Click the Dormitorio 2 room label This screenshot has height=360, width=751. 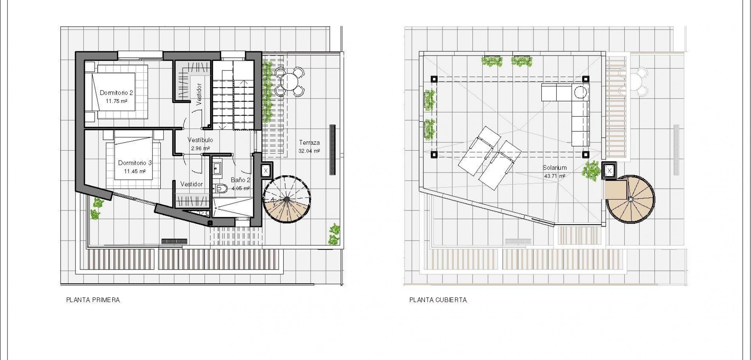coord(116,93)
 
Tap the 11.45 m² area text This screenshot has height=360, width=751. coord(135,171)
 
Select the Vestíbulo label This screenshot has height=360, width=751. coord(200,140)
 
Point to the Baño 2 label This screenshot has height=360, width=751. coord(240,180)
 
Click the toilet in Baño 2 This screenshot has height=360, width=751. coord(221,189)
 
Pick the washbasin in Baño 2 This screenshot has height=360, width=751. coord(217,169)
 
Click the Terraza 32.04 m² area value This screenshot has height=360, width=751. coord(309,151)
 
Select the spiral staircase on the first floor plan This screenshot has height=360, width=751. coord(287,200)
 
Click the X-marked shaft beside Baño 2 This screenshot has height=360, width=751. coord(266,171)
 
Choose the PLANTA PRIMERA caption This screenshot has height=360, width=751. coord(93,300)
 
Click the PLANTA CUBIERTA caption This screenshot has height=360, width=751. coord(438,300)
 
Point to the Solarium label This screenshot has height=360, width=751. coord(554,168)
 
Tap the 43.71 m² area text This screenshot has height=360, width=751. coord(554,176)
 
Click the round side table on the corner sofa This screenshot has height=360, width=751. coord(580,92)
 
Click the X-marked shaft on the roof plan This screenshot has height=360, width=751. coord(609,171)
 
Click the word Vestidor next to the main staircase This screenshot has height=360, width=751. coord(199,94)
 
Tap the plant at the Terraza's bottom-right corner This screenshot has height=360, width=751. coord(334,234)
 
